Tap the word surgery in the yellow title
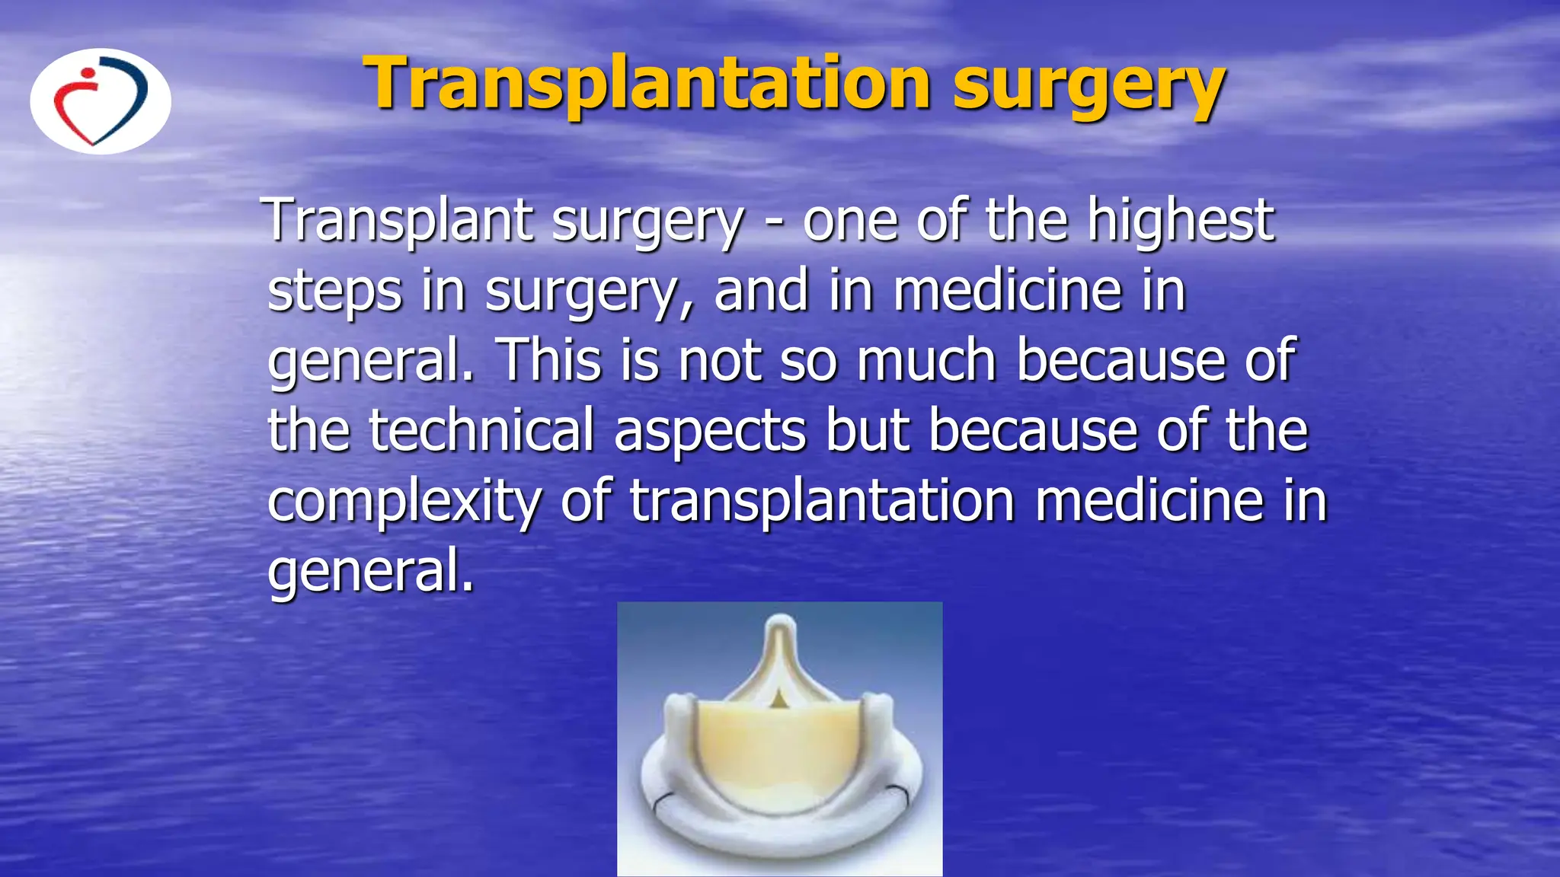click(1088, 85)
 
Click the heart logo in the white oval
click(101, 101)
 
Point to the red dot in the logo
click(88, 74)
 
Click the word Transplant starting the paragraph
click(399, 221)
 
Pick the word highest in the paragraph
click(1180, 221)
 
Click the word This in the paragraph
click(548, 360)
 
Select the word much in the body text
click(926, 360)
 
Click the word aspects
click(709, 432)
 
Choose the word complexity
click(404, 502)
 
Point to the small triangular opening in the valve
click(778, 698)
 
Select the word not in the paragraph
click(720, 360)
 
